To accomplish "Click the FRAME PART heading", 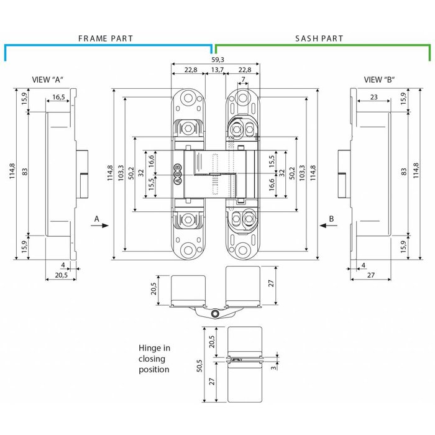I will tap(105, 39).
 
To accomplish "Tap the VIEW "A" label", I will tap(49, 80).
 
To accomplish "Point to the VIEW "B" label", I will tap(380, 80).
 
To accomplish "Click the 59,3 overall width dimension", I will tap(217, 59).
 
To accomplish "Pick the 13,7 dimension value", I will tap(217, 70).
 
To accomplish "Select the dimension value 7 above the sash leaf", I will tap(243, 79).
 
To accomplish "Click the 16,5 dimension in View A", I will tap(58, 97).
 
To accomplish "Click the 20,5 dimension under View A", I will tap(62, 275).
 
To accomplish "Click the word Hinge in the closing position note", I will tap(149, 348).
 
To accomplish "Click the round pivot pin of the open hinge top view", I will tap(215, 315).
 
